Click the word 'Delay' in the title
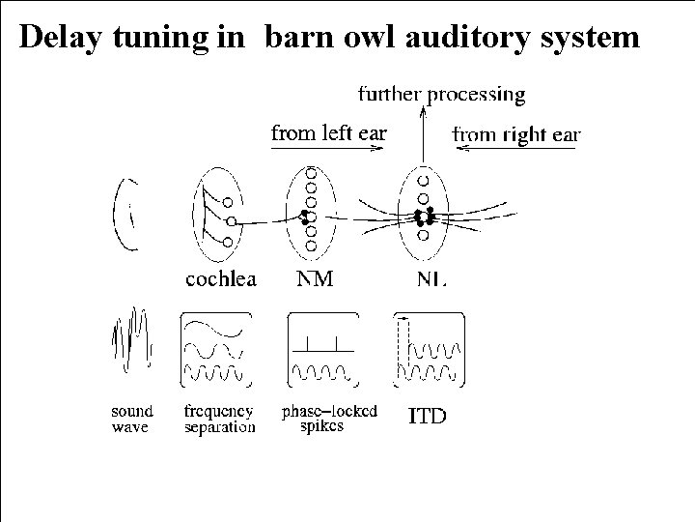pos(61,37)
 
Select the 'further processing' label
pos(441,95)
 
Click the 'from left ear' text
pos(329,132)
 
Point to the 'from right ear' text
pos(515,135)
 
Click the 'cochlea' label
pos(221,279)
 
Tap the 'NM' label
pos(315,278)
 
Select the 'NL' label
pos(431,279)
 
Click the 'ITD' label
pos(427,416)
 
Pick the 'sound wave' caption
pos(131,419)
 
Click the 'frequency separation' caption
pos(219,419)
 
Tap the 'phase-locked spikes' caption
pos(329,419)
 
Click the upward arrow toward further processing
pos(423,134)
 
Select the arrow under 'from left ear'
pos(327,148)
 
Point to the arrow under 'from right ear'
pos(515,148)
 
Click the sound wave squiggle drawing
pos(132,339)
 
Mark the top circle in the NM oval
pos(311,174)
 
